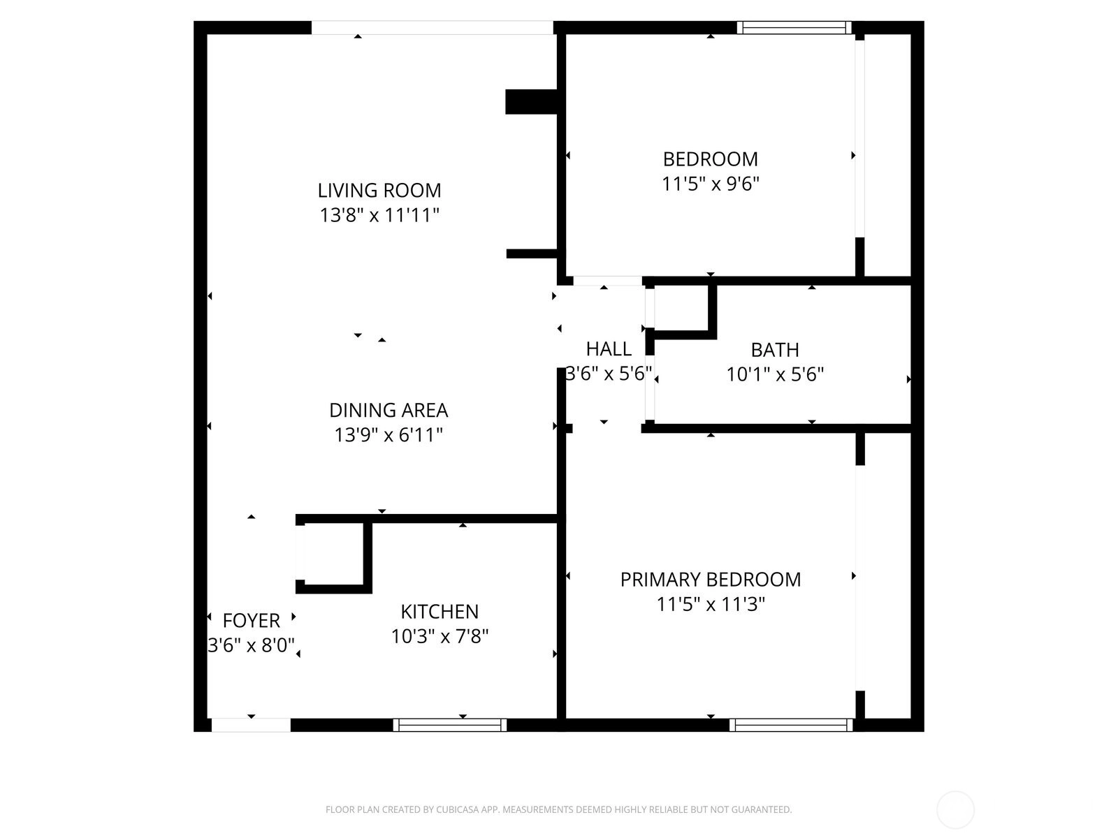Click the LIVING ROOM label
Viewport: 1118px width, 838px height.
tap(379, 190)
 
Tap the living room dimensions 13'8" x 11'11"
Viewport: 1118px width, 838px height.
tap(379, 215)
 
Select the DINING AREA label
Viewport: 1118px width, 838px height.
tap(389, 410)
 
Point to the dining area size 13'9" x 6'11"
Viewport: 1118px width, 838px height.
tap(389, 435)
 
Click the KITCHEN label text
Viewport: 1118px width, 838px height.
tap(440, 612)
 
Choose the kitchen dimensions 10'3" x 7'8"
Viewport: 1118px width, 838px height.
tap(440, 636)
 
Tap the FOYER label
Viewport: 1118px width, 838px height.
tap(252, 621)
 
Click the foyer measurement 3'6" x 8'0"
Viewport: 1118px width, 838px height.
tap(252, 646)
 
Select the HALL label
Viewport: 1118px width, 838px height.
tap(609, 349)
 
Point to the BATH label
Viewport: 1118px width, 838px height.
tap(775, 350)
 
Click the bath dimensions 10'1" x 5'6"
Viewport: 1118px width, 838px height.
tap(775, 375)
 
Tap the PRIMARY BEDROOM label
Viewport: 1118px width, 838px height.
tap(711, 580)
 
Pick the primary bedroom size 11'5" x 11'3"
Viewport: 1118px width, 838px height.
tap(711, 605)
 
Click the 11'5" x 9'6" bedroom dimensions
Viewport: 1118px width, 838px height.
tap(711, 184)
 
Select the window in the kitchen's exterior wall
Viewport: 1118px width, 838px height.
tap(450, 725)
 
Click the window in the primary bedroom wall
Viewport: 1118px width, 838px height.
tap(791, 725)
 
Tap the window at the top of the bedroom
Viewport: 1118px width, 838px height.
tap(794, 27)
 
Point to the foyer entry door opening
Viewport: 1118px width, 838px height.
tap(251, 725)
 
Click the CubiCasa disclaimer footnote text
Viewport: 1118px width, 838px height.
tap(559, 809)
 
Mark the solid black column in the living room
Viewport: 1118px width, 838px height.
tap(531, 102)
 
